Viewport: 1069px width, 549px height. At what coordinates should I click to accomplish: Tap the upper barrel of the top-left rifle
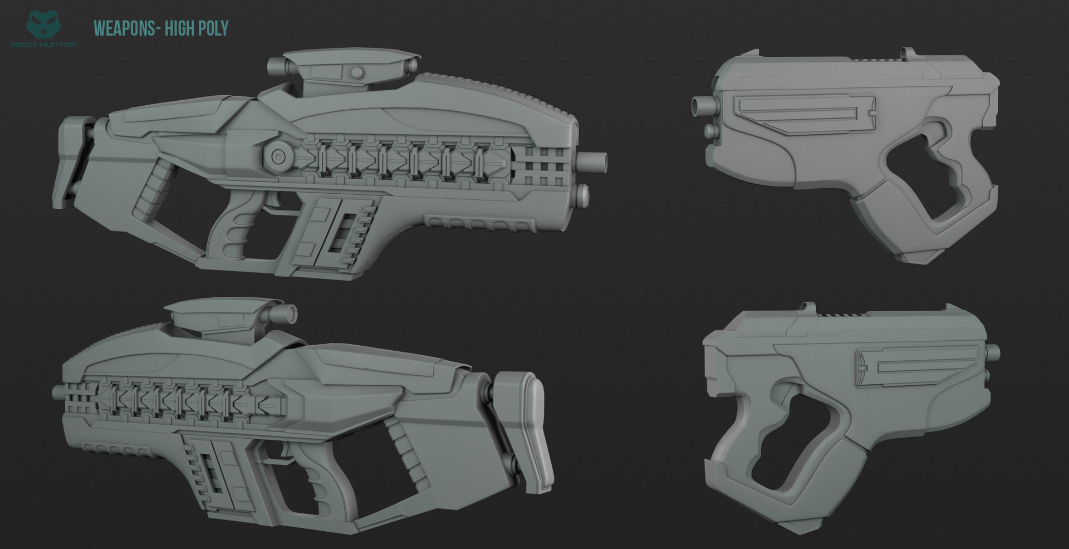point(592,161)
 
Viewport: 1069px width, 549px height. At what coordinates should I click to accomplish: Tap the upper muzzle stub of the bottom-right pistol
point(993,351)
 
